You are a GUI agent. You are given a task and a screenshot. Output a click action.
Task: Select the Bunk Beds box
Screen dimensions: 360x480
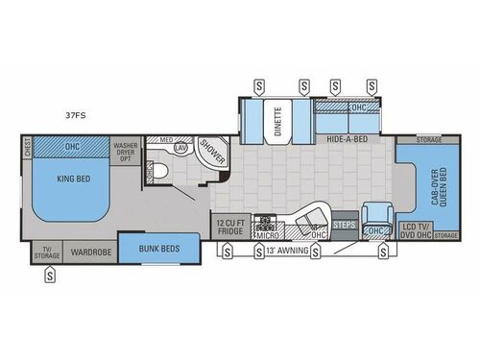[x=159, y=248]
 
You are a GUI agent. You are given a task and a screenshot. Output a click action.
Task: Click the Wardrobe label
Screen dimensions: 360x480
[x=91, y=253]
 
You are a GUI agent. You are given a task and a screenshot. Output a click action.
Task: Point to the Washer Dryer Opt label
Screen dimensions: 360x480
[x=126, y=149]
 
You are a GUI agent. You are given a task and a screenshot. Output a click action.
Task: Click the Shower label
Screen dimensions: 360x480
[x=210, y=153]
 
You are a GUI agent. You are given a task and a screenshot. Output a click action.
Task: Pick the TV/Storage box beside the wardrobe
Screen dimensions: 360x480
[x=45, y=253]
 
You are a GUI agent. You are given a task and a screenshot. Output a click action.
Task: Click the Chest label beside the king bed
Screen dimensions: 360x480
[x=27, y=150]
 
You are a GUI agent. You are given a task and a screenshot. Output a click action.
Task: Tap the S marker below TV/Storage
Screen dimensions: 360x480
[x=50, y=277]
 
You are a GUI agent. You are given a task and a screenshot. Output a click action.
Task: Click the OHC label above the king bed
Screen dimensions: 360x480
[x=73, y=146]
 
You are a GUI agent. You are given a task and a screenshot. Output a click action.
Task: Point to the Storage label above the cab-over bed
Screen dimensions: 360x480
[x=430, y=139]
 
